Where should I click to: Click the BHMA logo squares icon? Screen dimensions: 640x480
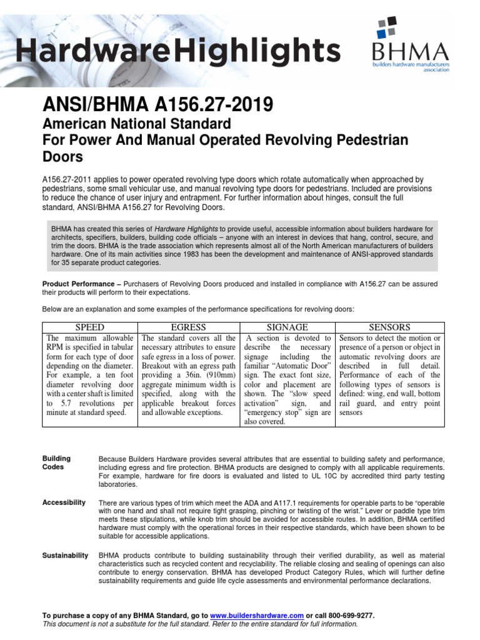tap(386, 30)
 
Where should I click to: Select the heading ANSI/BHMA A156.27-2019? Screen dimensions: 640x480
tap(149, 103)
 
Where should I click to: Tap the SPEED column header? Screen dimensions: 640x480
tap(90, 327)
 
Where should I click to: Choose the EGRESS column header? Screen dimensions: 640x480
tap(189, 327)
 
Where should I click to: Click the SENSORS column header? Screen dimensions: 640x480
tap(389, 327)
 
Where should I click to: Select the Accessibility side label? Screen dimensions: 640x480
tap(63, 502)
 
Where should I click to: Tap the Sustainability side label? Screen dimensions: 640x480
tap(65, 555)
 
